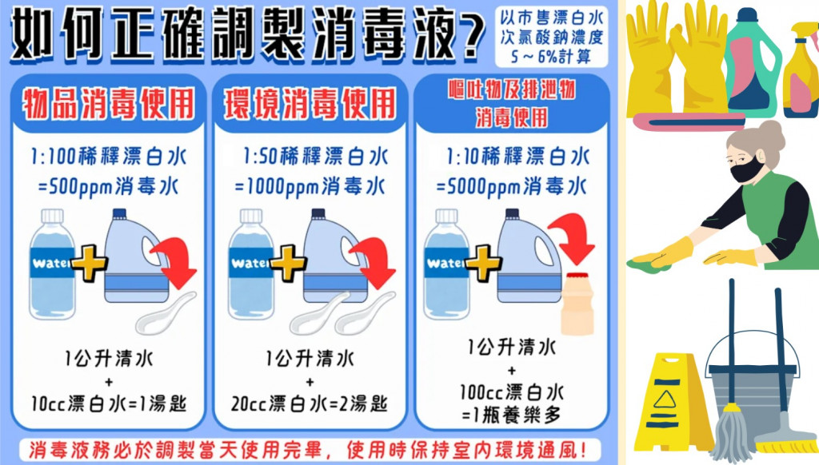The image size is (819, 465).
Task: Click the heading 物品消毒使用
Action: point(108,104)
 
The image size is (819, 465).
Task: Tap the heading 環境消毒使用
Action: point(310,104)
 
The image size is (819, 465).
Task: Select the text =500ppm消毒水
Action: point(108,187)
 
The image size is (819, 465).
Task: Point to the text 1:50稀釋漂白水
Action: point(315,156)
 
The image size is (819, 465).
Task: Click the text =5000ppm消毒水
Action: point(512,187)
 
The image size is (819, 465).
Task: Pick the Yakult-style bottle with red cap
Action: point(577,304)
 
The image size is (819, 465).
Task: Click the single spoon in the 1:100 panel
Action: point(166,313)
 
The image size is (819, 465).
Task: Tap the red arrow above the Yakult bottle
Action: point(571,238)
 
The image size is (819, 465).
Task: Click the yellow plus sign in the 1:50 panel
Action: point(287,263)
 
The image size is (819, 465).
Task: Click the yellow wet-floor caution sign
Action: point(672,401)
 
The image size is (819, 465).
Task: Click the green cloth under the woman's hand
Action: point(648,264)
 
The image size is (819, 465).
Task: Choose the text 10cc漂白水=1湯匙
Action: point(108,403)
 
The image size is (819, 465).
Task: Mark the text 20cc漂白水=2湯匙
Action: point(310,403)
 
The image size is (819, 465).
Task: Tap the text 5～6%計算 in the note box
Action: point(551,56)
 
